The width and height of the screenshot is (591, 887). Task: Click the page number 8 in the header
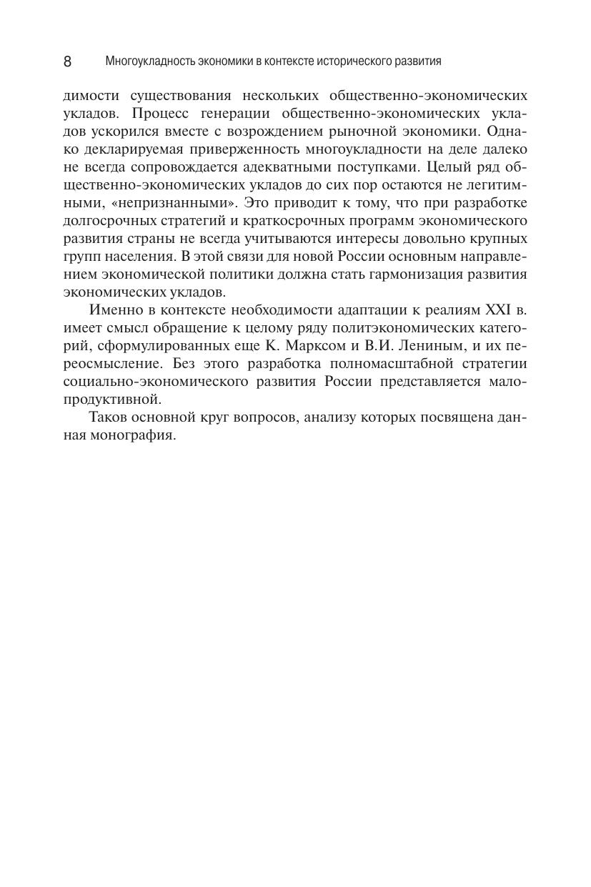(67, 61)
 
